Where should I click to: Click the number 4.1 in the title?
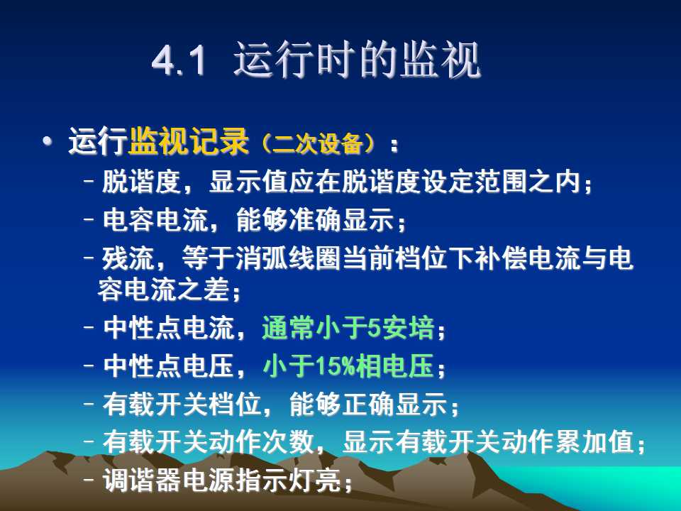pyautogui.click(x=179, y=60)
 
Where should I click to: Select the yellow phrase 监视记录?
pyautogui.click(x=189, y=141)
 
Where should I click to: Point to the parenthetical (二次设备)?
pyautogui.click(x=319, y=143)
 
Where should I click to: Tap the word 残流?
pyautogui.click(x=128, y=258)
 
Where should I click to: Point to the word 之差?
pyautogui.click(x=204, y=290)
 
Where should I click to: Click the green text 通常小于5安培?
pyautogui.click(x=348, y=328)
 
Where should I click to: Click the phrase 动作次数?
pyautogui.click(x=262, y=442)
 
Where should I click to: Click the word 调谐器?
pyautogui.click(x=142, y=480)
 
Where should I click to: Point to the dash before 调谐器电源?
pyautogui.click(x=89, y=480)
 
